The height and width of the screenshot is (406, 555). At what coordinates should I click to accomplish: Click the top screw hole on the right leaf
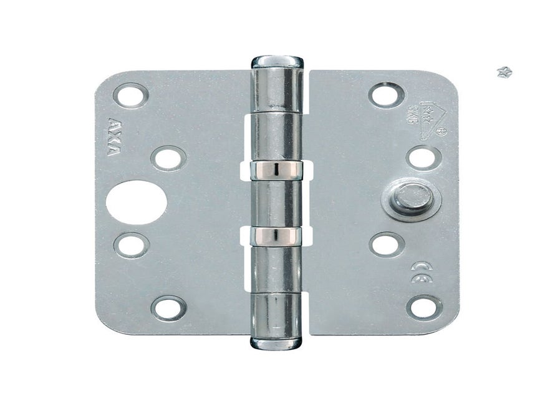[387, 94]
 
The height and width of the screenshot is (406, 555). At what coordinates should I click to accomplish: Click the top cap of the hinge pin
[277, 62]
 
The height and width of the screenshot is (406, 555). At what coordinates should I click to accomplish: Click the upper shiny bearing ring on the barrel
[277, 167]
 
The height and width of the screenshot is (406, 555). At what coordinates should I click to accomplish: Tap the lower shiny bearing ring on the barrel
[277, 235]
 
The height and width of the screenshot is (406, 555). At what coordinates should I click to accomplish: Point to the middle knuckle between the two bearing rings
[277, 201]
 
